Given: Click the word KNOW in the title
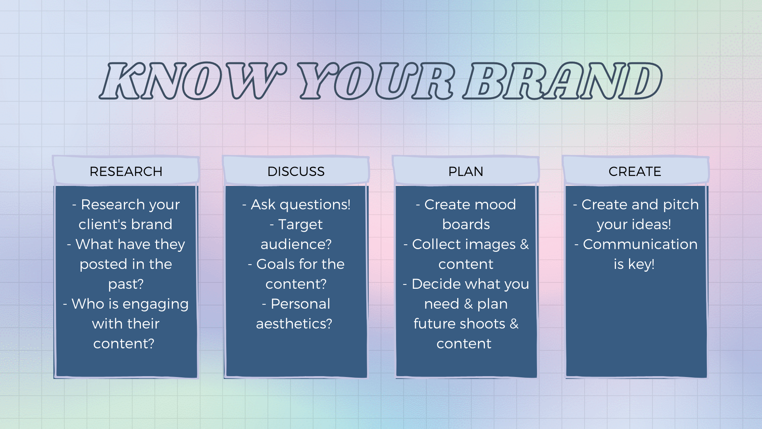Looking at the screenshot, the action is point(193,81).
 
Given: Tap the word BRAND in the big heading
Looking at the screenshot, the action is point(563,81).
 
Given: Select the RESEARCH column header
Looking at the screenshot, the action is point(126,171).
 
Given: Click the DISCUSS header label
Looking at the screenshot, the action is point(296,171).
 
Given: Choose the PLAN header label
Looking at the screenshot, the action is point(466,171).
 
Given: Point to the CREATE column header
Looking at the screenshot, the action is point(635,171).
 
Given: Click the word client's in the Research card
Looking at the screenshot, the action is point(102,224).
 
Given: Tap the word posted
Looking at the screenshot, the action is point(103,265).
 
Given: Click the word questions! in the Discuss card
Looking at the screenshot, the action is point(315,205).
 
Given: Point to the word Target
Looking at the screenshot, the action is point(300,225).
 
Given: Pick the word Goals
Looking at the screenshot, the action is point(275,264).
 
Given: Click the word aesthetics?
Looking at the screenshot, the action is point(294,324).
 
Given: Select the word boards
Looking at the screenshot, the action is point(466,224).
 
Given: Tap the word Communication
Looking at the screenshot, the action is point(640,244).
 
